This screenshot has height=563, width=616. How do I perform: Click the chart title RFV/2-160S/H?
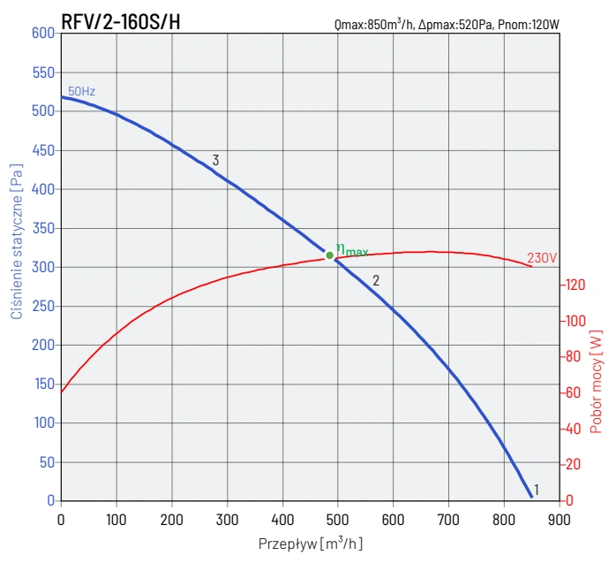[x=121, y=22]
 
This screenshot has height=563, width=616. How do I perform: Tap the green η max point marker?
[x=330, y=255]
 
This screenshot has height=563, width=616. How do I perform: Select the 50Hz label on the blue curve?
[x=80, y=91]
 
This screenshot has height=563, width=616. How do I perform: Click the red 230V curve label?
[x=542, y=259]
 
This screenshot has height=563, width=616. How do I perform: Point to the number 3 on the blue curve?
[x=215, y=161]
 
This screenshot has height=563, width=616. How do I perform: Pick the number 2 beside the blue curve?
[x=375, y=280]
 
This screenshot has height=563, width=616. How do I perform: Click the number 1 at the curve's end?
[x=536, y=488]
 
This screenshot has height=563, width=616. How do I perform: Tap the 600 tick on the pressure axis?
[x=43, y=34]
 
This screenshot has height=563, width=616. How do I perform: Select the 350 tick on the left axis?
[x=43, y=228]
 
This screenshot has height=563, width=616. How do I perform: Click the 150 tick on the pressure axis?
[x=43, y=384]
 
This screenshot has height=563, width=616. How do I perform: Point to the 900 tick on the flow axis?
[x=559, y=519]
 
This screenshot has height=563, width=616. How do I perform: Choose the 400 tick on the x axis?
[x=282, y=519]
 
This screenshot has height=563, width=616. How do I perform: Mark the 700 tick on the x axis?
[x=448, y=519]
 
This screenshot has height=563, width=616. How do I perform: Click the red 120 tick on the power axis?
[x=575, y=285]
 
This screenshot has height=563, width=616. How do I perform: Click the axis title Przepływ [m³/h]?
[x=311, y=543]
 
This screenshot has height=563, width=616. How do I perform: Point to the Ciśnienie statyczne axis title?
[x=16, y=240]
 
